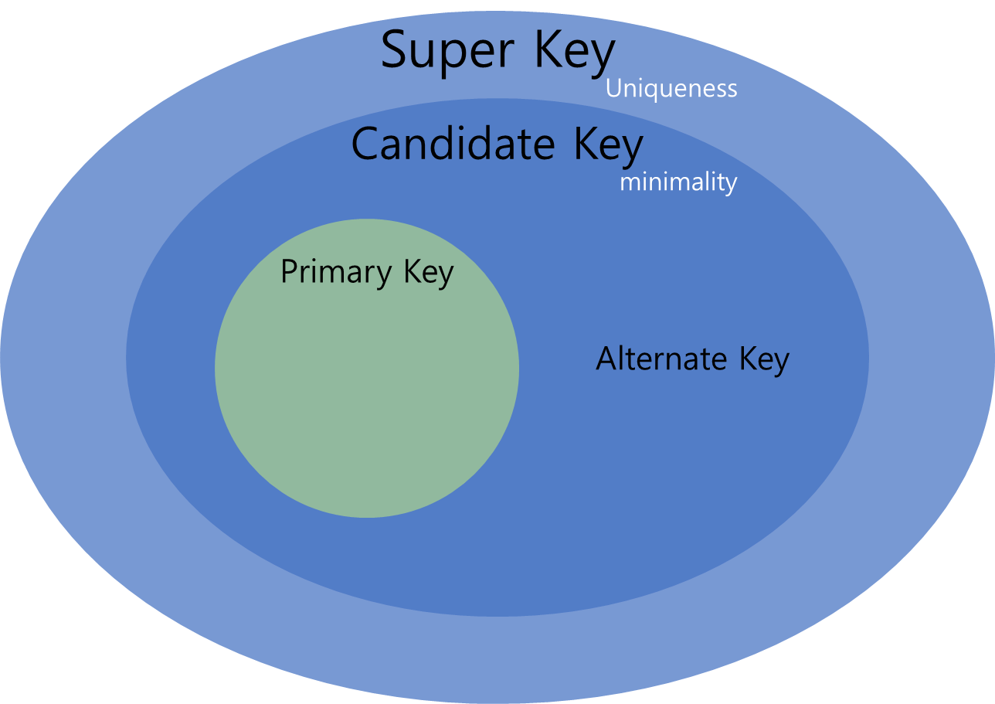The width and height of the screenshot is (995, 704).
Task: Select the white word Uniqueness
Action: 671,89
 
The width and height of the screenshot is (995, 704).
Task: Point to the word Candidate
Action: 453,145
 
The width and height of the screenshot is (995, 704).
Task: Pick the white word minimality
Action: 678,183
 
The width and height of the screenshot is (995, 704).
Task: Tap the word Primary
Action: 336,273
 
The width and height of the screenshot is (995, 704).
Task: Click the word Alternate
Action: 661,359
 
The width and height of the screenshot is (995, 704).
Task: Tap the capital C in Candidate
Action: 367,144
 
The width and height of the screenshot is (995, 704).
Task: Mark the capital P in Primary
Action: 288,272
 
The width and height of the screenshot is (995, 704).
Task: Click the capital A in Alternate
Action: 607,359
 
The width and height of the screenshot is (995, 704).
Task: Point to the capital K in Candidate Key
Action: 584,144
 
